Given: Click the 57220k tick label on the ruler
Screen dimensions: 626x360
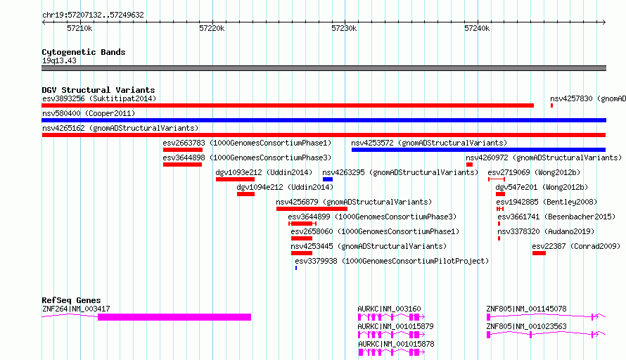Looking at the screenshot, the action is click(212, 28).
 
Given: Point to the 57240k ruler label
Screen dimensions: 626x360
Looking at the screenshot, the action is click(477, 28).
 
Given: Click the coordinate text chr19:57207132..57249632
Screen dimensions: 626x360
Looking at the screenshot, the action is click(93, 15).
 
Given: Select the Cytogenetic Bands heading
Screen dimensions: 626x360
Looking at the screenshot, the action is click(84, 52).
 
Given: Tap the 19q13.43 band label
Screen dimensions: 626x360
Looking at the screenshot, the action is click(59, 60).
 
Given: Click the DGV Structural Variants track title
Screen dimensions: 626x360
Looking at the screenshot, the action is click(98, 90).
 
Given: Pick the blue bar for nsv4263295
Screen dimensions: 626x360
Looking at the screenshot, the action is click(328, 179).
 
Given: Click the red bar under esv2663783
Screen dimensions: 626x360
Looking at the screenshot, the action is click(182, 150).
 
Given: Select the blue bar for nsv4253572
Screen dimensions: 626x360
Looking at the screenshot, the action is click(479, 150).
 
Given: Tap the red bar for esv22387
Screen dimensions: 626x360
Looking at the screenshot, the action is click(539, 253).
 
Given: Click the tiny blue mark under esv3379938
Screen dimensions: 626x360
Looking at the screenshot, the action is click(296, 268).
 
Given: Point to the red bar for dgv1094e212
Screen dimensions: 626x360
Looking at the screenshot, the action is click(245, 194).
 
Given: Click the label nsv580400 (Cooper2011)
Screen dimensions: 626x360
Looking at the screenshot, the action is click(89, 113).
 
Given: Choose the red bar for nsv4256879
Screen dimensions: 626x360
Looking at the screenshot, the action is click(312, 209).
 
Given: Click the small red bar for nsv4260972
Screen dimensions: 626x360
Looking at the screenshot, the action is click(470, 165).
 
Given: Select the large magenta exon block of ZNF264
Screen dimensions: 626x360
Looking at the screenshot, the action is click(174, 317).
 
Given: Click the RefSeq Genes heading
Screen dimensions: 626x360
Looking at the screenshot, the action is click(71, 300).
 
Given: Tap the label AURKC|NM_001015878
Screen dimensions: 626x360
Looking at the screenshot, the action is click(396, 344).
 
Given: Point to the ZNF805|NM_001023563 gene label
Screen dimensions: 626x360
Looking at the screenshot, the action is click(526, 326).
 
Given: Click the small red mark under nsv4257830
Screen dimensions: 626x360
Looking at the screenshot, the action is click(551, 105).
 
